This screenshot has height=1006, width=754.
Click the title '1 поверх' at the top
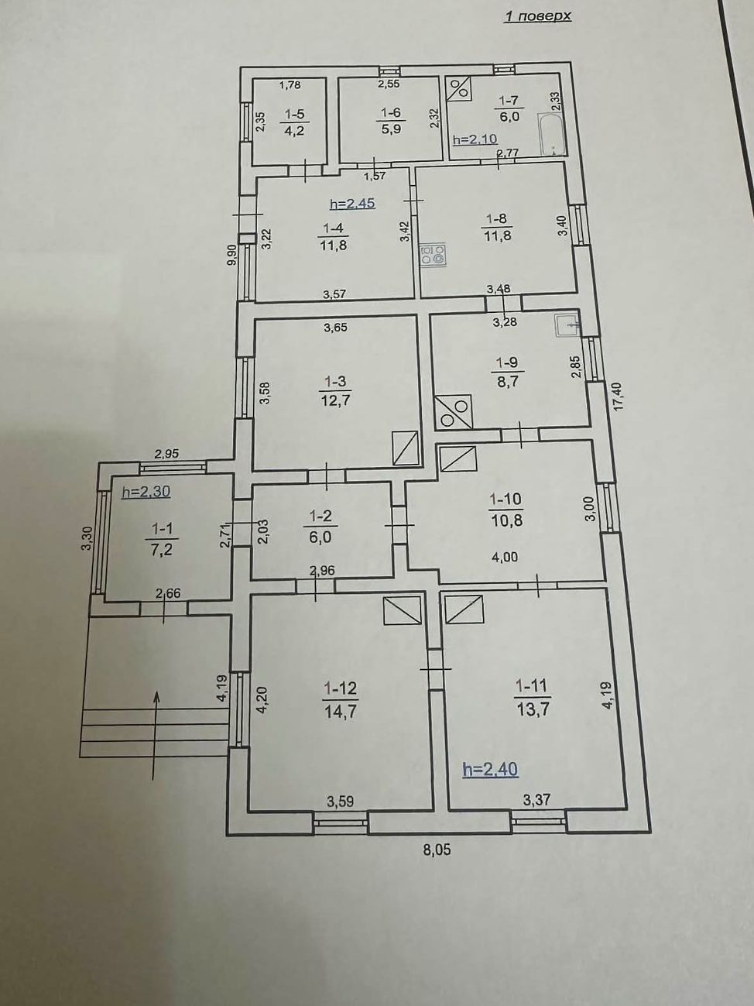point(537,16)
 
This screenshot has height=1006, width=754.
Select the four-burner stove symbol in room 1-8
point(433,255)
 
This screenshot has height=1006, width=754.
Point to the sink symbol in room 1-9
point(568,325)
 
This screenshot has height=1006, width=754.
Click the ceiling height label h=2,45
point(353,203)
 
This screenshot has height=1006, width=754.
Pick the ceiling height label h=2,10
point(475,139)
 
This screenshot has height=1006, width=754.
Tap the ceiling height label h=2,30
point(146,492)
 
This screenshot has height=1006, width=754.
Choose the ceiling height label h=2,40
point(491,769)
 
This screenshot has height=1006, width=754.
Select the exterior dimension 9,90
point(233,254)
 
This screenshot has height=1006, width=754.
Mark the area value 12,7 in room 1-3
point(336,400)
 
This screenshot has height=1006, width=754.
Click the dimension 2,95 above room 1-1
point(167,454)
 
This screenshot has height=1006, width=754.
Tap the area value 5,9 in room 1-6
point(391,129)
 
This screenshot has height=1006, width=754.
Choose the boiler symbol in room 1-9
point(454,411)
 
